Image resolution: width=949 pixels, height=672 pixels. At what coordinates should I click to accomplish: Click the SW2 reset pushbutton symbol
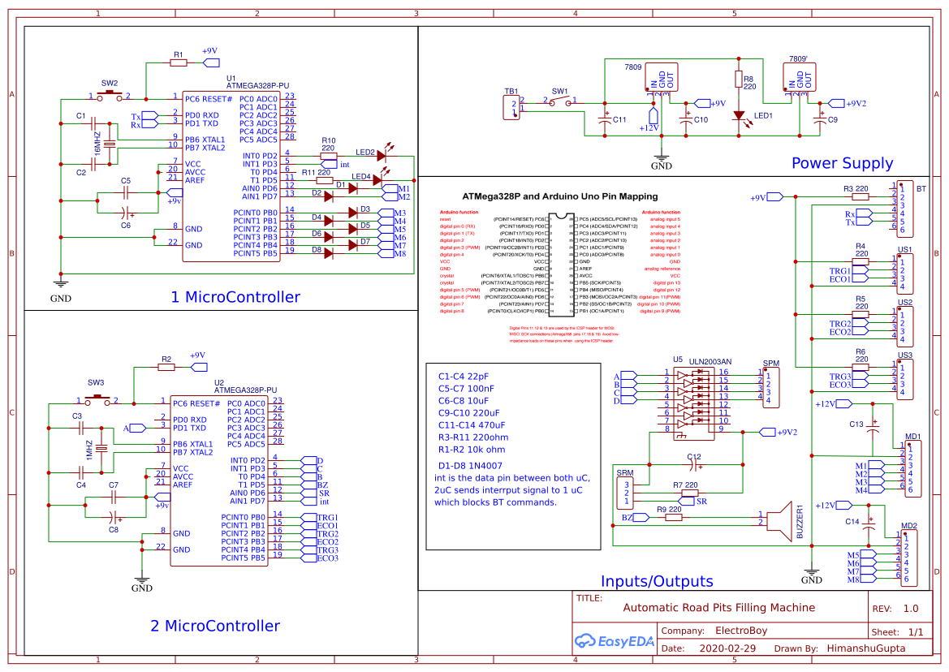coord(110,95)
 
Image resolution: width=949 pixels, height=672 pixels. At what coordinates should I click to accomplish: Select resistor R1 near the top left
coord(179,62)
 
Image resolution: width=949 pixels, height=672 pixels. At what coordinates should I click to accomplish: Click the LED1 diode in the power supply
coord(739,117)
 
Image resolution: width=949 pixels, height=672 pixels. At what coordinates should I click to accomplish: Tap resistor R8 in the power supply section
coord(739,80)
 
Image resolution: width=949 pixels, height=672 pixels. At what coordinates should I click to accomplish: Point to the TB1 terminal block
coord(511,107)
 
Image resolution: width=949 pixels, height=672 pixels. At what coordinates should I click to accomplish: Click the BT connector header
coord(904,208)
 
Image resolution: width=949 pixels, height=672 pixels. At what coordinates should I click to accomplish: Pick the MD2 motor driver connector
coord(908,558)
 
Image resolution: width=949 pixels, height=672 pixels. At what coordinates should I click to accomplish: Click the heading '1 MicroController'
coord(235,297)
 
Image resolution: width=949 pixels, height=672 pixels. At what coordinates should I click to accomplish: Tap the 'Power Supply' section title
coord(842,163)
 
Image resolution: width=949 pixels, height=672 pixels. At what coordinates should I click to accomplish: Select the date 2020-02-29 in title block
coord(727,648)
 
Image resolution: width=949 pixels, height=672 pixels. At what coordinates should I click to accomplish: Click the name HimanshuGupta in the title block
coord(865,648)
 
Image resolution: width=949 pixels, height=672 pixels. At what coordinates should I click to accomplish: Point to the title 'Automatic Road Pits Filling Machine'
coord(718,607)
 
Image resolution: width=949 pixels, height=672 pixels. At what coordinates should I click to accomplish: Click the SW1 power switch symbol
coord(560,101)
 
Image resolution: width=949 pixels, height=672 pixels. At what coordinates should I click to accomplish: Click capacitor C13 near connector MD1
coord(874,427)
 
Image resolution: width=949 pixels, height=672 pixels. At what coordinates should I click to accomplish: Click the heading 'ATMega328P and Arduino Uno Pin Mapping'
coord(559,196)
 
